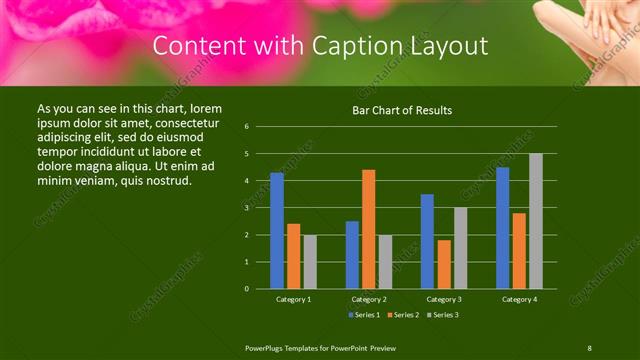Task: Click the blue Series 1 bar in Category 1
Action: click(x=277, y=231)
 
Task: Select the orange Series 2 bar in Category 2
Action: click(x=368, y=229)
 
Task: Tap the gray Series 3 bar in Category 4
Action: click(x=536, y=221)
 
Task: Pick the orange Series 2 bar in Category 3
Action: click(x=444, y=264)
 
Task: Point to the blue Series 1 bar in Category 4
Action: click(x=502, y=228)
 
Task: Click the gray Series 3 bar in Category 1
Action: click(x=310, y=262)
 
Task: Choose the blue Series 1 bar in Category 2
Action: click(x=352, y=255)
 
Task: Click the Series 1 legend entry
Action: click(x=364, y=315)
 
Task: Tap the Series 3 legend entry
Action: click(x=444, y=315)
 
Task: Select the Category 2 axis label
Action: click(x=369, y=299)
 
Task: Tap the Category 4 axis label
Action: click(x=519, y=299)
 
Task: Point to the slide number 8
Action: click(x=589, y=347)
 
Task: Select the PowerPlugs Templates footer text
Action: click(x=320, y=347)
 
